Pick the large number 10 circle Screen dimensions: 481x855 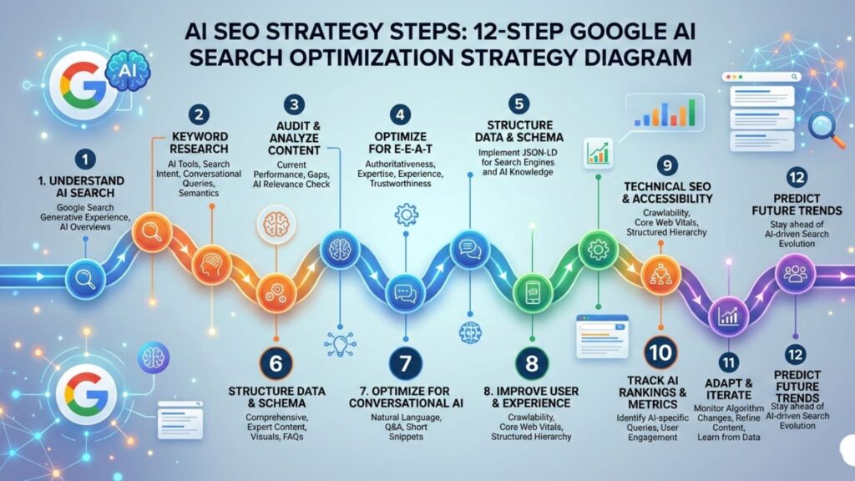click(660, 353)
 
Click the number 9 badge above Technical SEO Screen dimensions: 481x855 click(666, 164)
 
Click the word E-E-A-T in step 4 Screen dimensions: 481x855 click(412, 149)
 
